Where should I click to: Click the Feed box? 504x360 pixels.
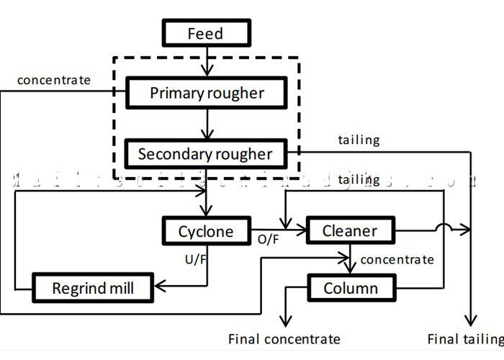pos(206,33)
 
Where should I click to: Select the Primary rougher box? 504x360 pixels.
pos(207,93)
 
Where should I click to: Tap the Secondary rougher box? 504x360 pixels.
pos(205,153)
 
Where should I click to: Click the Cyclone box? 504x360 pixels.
pos(206,231)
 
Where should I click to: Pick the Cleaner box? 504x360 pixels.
pos(350,231)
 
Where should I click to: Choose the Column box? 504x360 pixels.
pos(351,289)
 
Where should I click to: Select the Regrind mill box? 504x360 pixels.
pos(93,289)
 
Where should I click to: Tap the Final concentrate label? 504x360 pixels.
pos(284,339)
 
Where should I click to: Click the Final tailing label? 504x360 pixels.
pos(465,339)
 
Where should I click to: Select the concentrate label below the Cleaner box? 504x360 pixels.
pos(397,259)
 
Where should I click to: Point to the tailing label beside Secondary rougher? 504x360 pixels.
pos(359,140)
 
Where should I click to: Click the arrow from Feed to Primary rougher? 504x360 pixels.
pos(207,62)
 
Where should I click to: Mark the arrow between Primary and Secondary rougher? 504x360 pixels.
pos(207,124)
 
